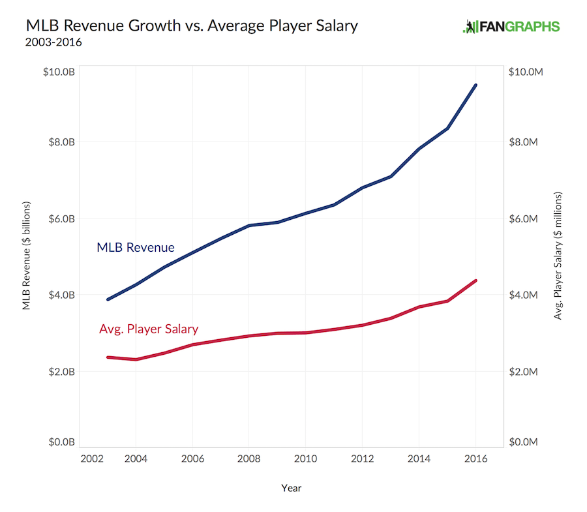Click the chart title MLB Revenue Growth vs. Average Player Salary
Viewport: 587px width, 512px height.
pyautogui.click(x=191, y=26)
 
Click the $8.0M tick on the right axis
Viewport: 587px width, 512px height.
pyautogui.click(x=525, y=142)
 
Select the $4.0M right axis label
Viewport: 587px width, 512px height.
pyautogui.click(x=525, y=295)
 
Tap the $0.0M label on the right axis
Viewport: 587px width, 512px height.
pyautogui.click(x=525, y=442)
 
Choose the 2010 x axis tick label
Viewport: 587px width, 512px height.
pyautogui.click(x=305, y=459)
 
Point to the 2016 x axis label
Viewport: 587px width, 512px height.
pyautogui.click(x=475, y=459)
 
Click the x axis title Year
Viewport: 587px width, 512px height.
pyautogui.click(x=292, y=487)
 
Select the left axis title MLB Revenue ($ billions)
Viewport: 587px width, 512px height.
pyautogui.click(x=27, y=256)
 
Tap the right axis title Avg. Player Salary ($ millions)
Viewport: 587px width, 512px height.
pyautogui.click(x=558, y=256)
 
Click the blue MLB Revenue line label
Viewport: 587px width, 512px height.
pyautogui.click(x=136, y=248)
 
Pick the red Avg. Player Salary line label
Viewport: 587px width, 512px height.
pyautogui.click(x=149, y=329)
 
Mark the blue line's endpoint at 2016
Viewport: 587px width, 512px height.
pyautogui.click(x=475, y=85)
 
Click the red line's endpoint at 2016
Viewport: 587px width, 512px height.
pyautogui.click(x=475, y=280)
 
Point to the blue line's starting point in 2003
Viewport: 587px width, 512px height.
pyautogui.click(x=108, y=299)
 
